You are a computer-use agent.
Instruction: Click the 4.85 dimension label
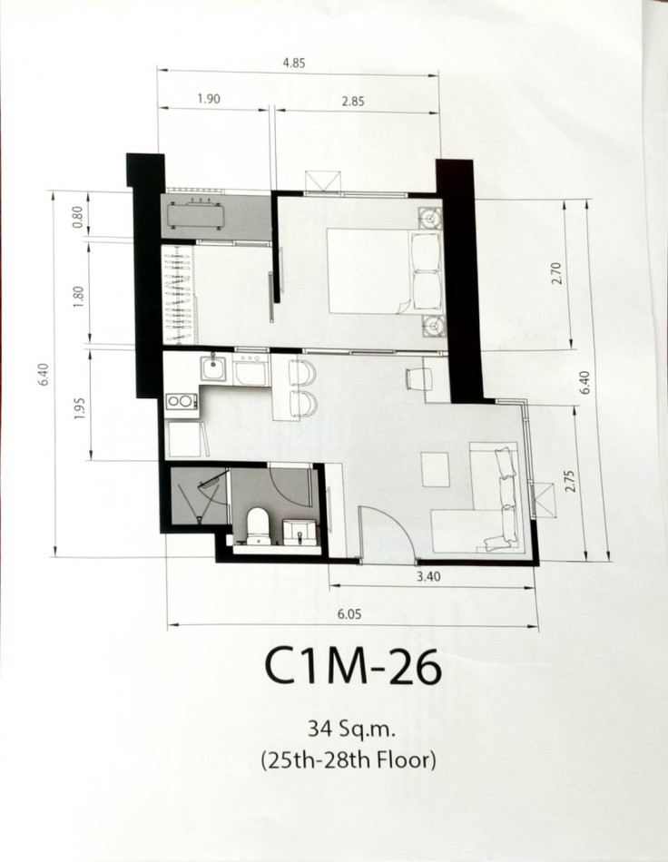pyautogui.click(x=293, y=63)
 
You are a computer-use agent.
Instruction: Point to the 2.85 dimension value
pyautogui.click(x=352, y=101)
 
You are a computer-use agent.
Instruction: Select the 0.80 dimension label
pyautogui.click(x=77, y=217)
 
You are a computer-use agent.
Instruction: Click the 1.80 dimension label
pyautogui.click(x=79, y=297)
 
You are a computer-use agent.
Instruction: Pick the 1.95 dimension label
pyautogui.click(x=79, y=407)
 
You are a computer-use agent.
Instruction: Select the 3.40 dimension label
pyautogui.click(x=428, y=576)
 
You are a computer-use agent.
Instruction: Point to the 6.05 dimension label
pyautogui.click(x=349, y=614)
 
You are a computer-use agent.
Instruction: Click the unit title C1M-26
pyautogui.click(x=352, y=667)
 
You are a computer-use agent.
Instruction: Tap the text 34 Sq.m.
pyautogui.click(x=352, y=730)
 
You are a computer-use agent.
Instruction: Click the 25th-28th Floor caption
pyautogui.click(x=349, y=760)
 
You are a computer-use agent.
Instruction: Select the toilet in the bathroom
pyautogui.click(x=257, y=526)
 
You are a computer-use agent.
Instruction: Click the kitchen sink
pyautogui.click(x=213, y=367)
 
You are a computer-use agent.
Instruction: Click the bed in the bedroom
pyautogui.click(x=384, y=271)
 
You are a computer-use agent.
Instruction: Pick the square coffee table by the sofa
pyautogui.click(x=436, y=469)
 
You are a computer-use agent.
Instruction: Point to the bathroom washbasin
pyautogui.click(x=300, y=532)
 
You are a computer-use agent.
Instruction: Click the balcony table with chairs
pyautogui.click(x=196, y=215)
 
